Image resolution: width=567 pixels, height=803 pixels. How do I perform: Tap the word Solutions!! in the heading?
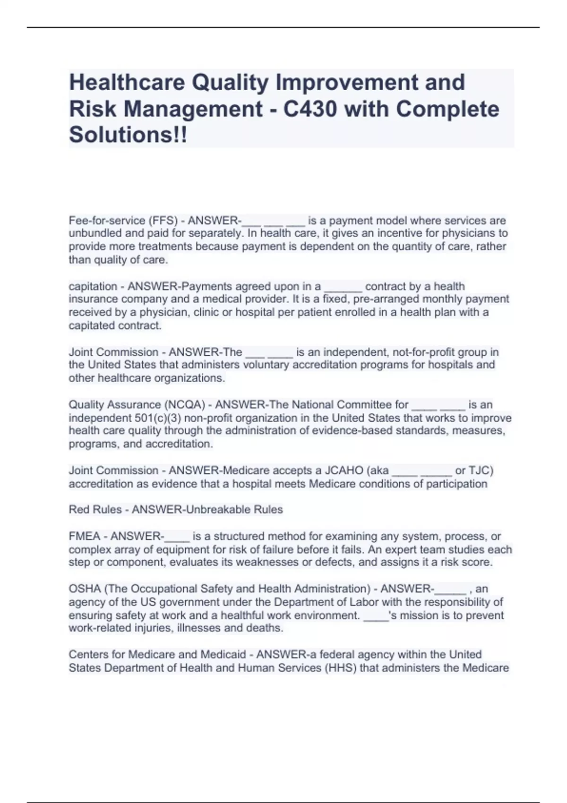pyautogui.click(x=128, y=135)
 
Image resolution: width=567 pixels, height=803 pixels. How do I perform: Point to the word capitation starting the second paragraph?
pyautogui.click(x=93, y=286)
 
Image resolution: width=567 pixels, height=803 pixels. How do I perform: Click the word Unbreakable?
pyautogui.click(x=218, y=510)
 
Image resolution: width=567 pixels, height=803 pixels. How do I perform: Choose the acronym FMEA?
pyautogui.click(x=85, y=536)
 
